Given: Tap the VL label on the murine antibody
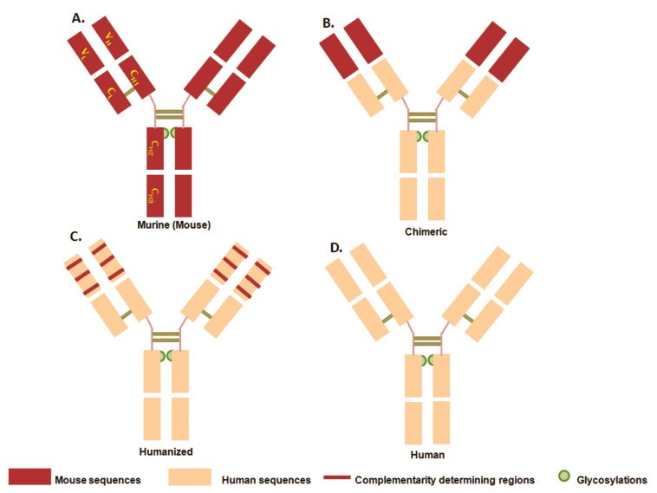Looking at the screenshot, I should (85, 55).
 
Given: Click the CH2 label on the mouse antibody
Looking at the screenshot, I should (155, 147).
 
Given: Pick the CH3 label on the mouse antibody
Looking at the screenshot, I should (155, 194).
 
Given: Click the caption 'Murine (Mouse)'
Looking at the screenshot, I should (173, 224).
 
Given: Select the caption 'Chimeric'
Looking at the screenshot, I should (426, 232).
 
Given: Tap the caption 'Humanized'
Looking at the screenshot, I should (165, 451).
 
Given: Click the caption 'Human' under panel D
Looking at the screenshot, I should (428, 453).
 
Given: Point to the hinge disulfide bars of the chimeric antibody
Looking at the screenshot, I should (422, 118).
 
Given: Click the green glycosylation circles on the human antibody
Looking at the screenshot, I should (426, 360).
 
